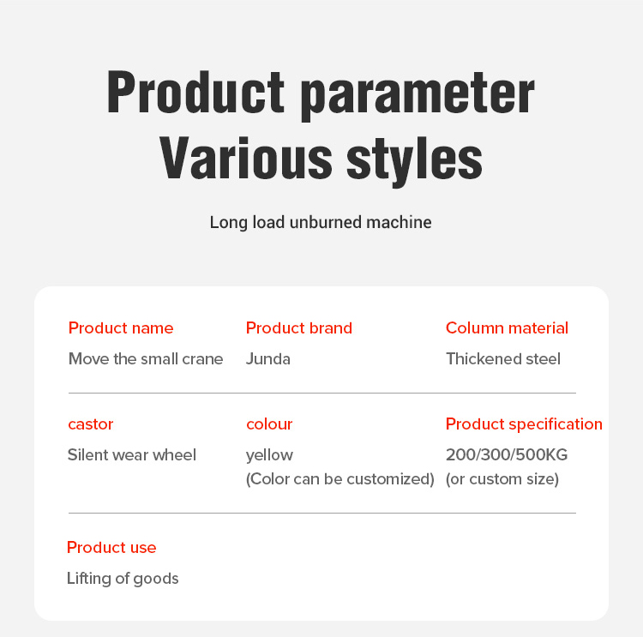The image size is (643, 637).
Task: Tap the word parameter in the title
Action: click(418, 94)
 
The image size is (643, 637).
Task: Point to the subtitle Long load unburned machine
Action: click(321, 223)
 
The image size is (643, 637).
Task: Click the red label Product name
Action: click(121, 328)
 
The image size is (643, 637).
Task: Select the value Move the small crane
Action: click(146, 359)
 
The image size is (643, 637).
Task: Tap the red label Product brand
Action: click(299, 328)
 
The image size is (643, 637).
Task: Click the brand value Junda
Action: click(268, 359)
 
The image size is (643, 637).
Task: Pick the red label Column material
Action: click(507, 328)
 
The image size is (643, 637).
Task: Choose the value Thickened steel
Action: click(503, 359)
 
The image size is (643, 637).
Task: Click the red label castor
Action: click(91, 424)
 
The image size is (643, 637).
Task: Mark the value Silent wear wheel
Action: click(132, 455)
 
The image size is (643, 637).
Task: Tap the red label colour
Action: click(269, 424)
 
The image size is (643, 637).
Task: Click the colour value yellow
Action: click(269, 455)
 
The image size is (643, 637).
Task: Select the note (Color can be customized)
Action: click(340, 479)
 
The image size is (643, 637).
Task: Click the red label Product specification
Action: click(524, 424)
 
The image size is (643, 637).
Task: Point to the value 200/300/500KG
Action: click(507, 455)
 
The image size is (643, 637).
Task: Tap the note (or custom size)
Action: click(502, 479)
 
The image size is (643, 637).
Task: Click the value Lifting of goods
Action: click(123, 579)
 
